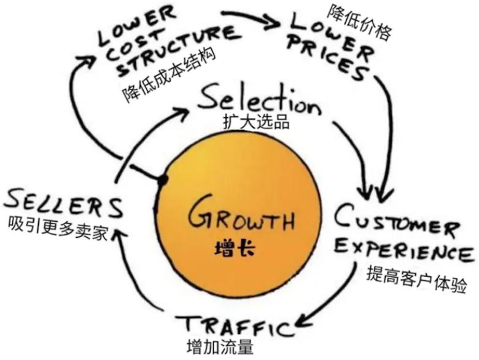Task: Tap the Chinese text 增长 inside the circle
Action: point(235,248)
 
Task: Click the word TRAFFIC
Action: point(236,326)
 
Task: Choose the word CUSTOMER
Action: point(397,221)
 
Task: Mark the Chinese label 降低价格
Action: point(359,23)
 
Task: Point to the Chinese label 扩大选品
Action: point(257,122)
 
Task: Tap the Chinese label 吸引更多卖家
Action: point(58,229)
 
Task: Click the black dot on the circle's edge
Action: point(163,180)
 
